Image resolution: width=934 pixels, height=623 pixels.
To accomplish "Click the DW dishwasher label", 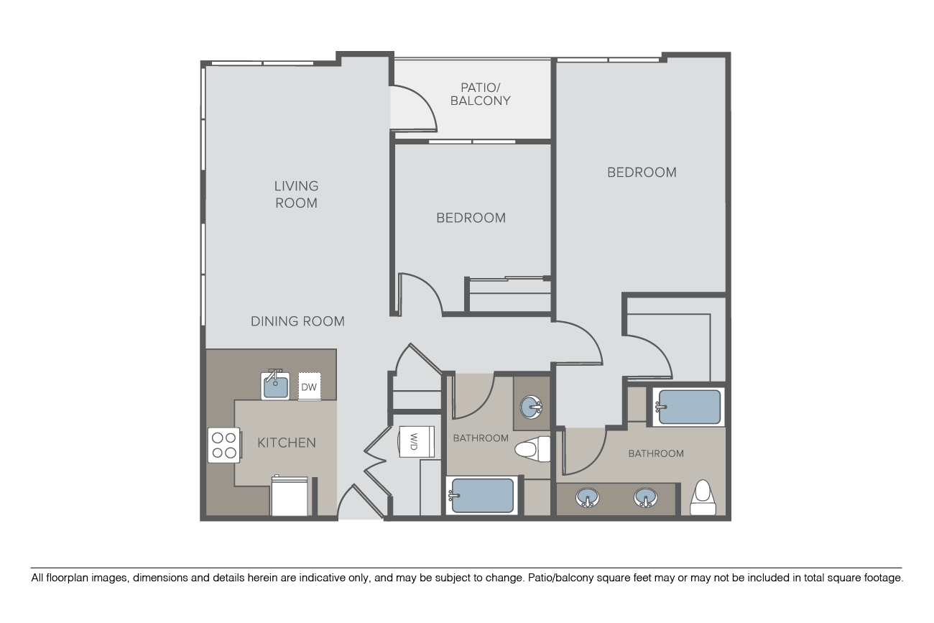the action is pos(309,387).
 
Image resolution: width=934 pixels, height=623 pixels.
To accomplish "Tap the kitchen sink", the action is pos(275,385).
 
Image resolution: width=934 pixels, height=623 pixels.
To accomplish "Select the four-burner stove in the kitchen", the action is pos(224,445).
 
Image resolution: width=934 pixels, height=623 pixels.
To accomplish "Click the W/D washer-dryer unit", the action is pos(416,442).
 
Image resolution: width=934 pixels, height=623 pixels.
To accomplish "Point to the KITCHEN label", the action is pos(287,443).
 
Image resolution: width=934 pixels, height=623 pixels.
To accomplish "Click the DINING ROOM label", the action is pos(297,321).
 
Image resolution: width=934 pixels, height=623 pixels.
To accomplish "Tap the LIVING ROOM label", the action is pos(297,194).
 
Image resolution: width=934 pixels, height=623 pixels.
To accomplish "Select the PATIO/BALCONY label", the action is pos(481,94).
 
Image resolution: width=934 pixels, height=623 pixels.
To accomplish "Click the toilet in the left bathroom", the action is pos(532,449).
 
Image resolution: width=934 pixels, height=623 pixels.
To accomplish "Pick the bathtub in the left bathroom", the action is pos(482,495).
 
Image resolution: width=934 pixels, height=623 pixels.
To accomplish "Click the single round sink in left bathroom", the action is pos(531,407).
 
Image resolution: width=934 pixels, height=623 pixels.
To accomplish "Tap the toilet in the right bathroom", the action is pos(703,497).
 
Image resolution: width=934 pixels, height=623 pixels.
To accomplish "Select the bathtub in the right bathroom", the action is pos(689,407).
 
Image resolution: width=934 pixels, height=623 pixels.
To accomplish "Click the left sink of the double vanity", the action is pos(587,498).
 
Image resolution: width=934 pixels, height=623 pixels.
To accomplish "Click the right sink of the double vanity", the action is pos(645,498).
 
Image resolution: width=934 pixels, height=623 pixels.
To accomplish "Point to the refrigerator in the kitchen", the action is pos(290,497).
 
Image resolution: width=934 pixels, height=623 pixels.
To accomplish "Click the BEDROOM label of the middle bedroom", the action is pos(471,218).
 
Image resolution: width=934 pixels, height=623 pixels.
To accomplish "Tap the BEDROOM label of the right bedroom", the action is pos(642,172).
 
